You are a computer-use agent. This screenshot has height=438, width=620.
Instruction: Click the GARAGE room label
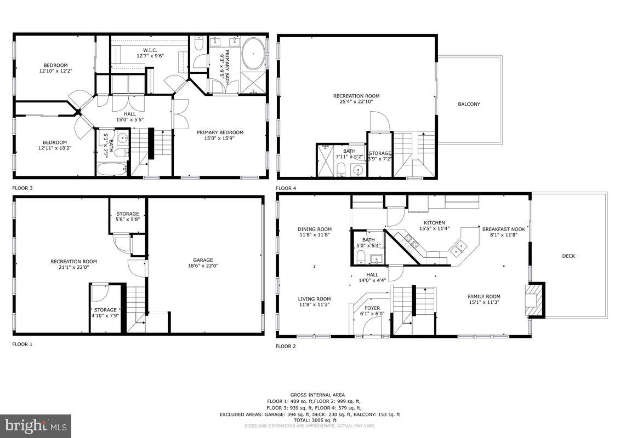coord(203,260)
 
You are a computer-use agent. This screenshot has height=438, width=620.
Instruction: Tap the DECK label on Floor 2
coord(568,256)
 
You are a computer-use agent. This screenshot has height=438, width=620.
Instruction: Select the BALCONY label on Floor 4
coord(469,104)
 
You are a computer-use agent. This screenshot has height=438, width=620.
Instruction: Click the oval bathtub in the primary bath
coord(253,54)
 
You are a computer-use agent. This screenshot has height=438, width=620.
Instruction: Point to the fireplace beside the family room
coord(534,300)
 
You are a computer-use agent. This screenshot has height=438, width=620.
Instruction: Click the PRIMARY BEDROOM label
coord(220,132)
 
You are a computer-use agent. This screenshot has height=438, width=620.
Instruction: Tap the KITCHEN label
coord(434,222)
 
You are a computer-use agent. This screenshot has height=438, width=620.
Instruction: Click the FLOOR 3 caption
coord(22,188)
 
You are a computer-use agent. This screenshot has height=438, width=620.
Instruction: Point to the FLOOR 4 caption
coord(286,188)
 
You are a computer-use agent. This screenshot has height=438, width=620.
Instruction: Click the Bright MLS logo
coord(36,425)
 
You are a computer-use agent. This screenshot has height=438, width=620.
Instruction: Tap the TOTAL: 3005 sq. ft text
coord(310,420)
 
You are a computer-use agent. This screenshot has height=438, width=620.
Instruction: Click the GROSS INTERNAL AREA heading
coord(310,395)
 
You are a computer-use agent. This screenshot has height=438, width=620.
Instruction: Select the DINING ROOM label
coord(315,229)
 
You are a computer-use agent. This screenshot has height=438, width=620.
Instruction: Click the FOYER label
coord(372,308)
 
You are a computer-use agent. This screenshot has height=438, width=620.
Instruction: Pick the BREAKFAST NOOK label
coord(503,229)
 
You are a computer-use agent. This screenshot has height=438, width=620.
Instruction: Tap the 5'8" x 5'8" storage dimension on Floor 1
coord(127,220)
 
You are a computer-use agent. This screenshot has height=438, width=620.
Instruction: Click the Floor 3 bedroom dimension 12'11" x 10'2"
coord(55,148)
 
